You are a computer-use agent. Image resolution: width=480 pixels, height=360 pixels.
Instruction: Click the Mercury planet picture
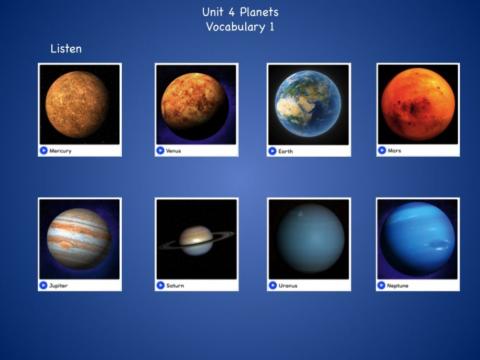(79, 104)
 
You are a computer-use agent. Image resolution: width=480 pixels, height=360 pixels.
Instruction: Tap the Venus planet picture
(196, 104)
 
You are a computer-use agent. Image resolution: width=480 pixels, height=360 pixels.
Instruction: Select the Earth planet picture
(308, 104)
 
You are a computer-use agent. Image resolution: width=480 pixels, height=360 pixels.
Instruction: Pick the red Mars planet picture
(417, 104)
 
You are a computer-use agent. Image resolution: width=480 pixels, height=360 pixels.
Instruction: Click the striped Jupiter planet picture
(79, 239)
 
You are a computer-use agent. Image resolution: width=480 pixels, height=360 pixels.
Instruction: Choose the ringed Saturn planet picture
(196, 239)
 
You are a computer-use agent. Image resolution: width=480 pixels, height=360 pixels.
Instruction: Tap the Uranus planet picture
(308, 239)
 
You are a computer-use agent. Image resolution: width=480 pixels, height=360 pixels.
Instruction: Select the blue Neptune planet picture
(417, 239)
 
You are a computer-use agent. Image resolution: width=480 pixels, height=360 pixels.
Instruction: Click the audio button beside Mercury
(44, 150)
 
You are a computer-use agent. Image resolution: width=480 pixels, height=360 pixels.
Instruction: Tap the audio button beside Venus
(161, 150)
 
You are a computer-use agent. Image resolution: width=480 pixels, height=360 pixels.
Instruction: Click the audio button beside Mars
(382, 150)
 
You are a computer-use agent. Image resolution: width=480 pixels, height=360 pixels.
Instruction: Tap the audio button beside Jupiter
(44, 285)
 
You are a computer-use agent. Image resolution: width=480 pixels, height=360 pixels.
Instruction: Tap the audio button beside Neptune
(382, 285)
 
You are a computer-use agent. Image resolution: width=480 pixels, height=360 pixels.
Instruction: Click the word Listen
(66, 48)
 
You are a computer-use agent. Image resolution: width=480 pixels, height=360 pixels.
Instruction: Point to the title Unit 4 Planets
(240, 12)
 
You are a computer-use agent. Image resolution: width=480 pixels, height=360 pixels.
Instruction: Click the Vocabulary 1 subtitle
(240, 27)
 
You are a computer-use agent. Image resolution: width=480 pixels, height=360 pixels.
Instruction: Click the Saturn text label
(176, 285)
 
